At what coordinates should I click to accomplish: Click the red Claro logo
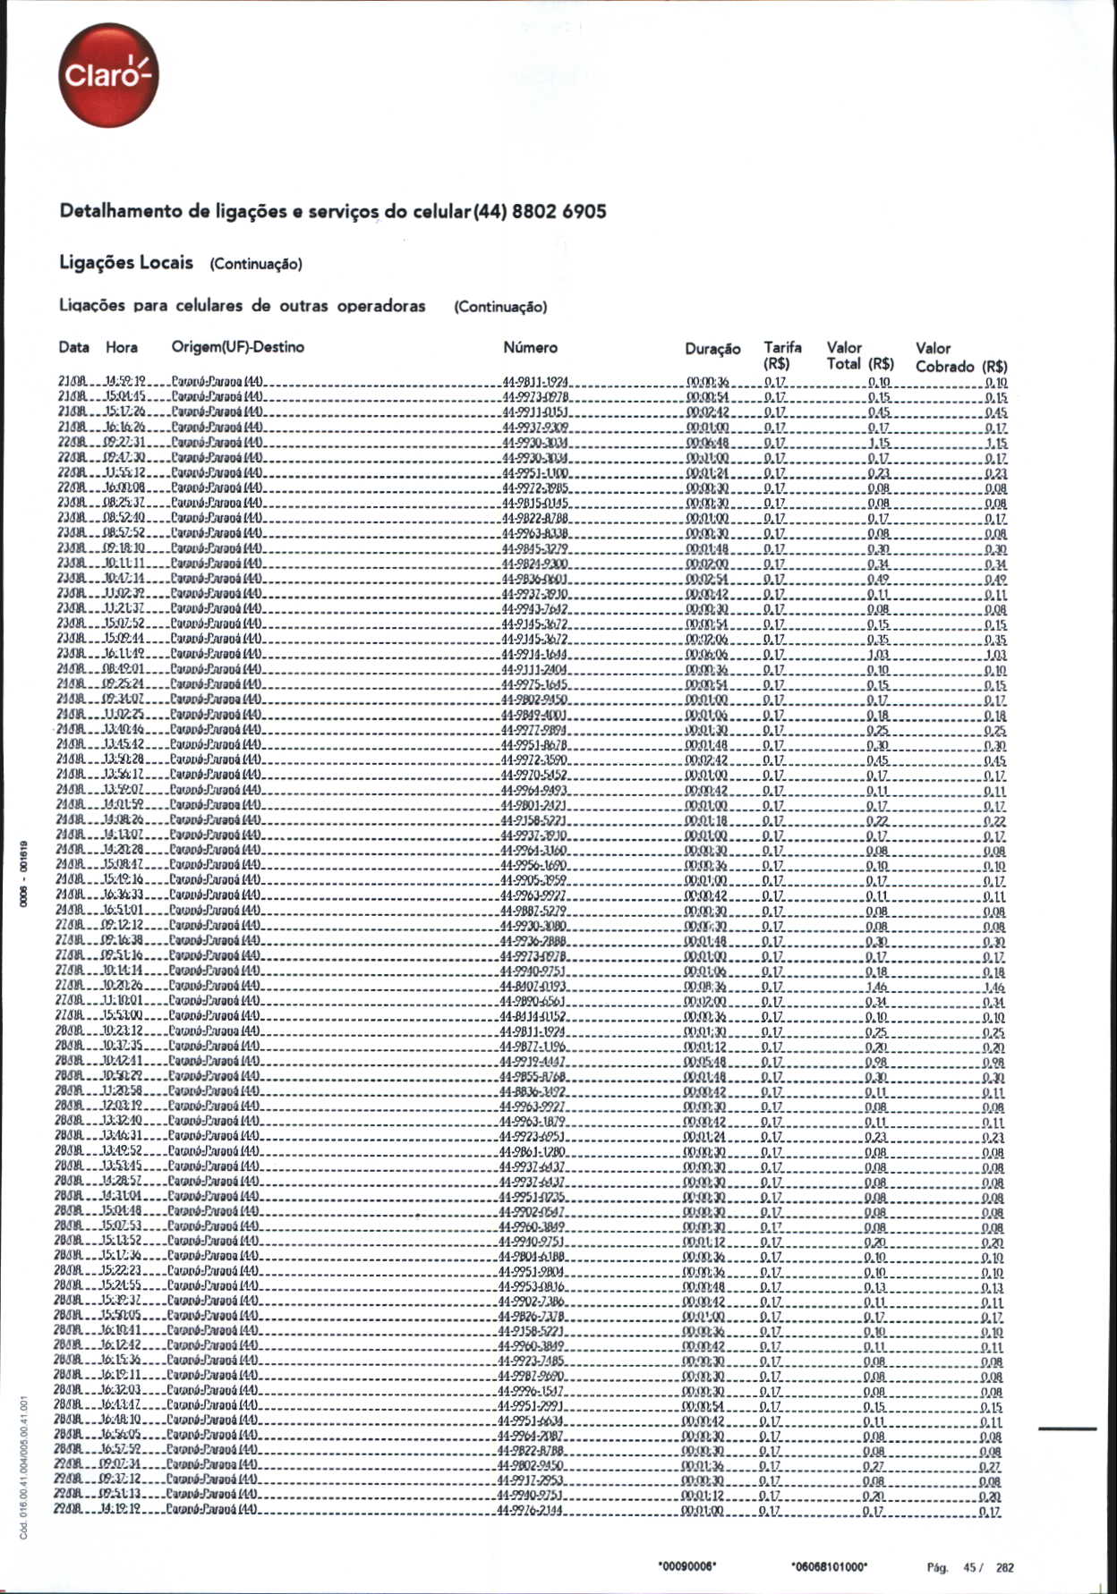[107, 75]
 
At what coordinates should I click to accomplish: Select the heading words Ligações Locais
[126, 262]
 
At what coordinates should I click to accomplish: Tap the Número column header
[530, 348]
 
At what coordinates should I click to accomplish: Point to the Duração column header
[712, 349]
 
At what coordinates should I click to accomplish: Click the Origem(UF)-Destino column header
[237, 347]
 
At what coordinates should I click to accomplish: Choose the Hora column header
[122, 348]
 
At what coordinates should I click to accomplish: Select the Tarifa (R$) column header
[782, 355]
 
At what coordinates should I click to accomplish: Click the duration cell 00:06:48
[707, 444]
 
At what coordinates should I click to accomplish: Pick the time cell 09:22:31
[124, 444]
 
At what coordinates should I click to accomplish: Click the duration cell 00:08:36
[705, 987]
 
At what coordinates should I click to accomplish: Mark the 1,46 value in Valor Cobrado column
[993, 988]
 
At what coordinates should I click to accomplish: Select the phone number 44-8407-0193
[533, 987]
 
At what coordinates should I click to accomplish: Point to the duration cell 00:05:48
[705, 1063]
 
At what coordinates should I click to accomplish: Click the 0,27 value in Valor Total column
[874, 1467]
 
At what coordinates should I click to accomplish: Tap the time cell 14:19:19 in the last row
[123, 1512]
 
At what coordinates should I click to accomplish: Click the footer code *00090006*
[687, 1566]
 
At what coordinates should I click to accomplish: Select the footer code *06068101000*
[830, 1566]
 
